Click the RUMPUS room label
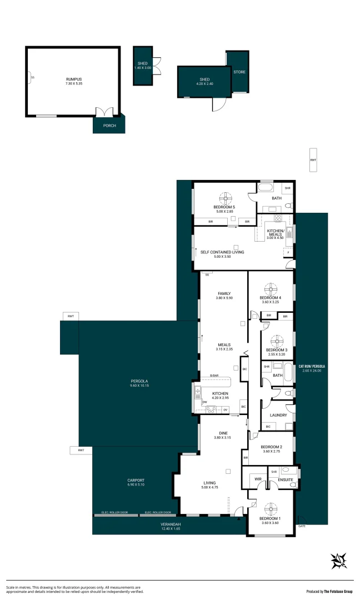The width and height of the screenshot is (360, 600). tap(73, 79)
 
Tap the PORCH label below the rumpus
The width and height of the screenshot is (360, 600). tap(109, 126)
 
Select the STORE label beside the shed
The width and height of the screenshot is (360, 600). tap(239, 72)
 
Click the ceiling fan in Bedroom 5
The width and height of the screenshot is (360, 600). tap(225, 198)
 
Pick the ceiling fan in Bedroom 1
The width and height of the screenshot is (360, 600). tap(271, 509)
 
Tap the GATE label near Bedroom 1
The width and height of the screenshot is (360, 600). tap(302, 526)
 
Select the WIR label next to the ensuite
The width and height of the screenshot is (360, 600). tap(258, 478)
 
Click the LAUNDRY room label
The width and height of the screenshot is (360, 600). tap(278, 415)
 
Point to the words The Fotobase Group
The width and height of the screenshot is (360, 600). tap(337, 591)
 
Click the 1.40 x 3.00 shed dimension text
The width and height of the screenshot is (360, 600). tap(143, 68)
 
